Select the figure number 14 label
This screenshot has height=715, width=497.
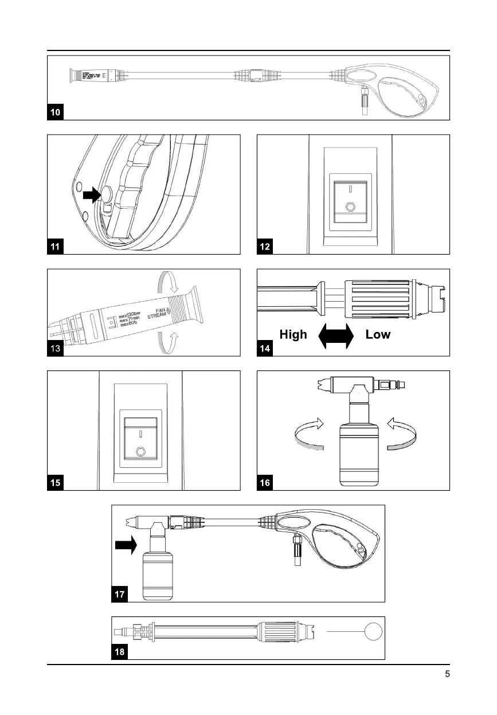[x=265, y=349]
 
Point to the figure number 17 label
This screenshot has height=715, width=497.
[x=119, y=595]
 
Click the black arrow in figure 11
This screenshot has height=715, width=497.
[x=91, y=196]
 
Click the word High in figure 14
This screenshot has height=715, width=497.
[x=293, y=334]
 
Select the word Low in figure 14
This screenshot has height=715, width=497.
[x=378, y=334]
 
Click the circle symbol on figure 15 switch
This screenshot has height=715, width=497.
[x=140, y=452]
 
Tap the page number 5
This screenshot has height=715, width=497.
[x=447, y=674]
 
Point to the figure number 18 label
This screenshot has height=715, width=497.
[x=119, y=652]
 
